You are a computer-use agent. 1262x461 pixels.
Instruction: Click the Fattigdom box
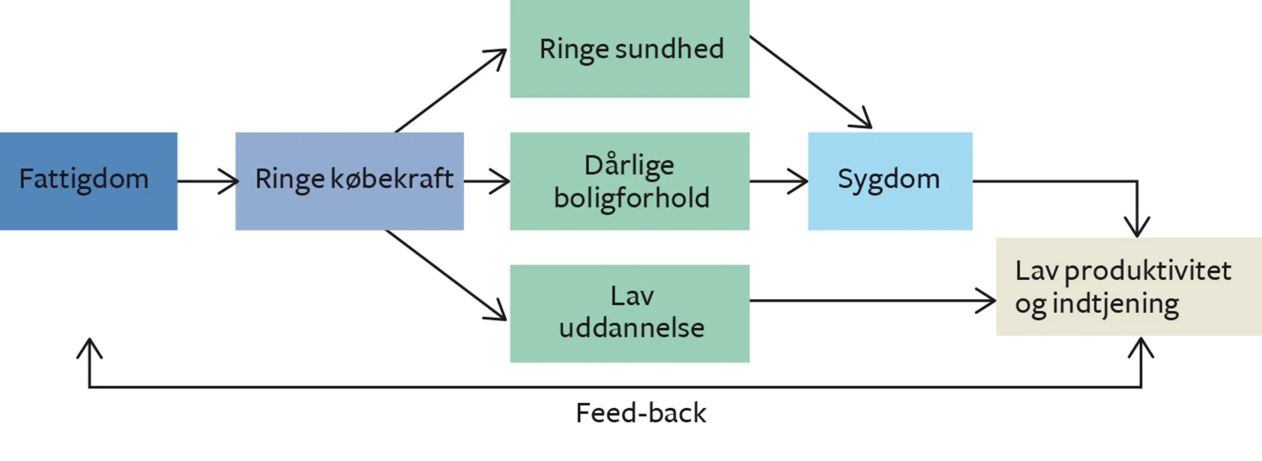pyautogui.click(x=88, y=181)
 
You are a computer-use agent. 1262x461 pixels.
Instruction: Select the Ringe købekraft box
pyautogui.click(x=349, y=181)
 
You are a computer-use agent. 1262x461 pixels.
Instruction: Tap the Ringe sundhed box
pyautogui.click(x=629, y=49)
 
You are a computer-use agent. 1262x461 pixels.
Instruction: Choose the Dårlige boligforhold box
pyautogui.click(x=629, y=181)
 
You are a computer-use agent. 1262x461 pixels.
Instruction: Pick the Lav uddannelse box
pyautogui.click(x=629, y=313)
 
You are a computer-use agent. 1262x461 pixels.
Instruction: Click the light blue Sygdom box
pyautogui.click(x=890, y=181)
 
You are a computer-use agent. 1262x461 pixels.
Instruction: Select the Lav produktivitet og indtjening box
pyautogui.click(x=1128, y=287)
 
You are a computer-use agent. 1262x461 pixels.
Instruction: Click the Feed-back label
pyautogui.click(x=640, y=413)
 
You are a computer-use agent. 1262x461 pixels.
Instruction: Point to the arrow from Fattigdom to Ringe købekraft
pyautogui.click(x=207, y=181)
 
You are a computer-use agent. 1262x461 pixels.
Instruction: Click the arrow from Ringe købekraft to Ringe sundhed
pyautogui.click(x=449, y=92)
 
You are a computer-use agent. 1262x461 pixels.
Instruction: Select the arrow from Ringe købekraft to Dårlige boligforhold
pyautogui.click(x=487, y=181)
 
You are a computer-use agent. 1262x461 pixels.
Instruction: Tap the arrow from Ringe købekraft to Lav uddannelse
pyautogui.click(x=445, y=274)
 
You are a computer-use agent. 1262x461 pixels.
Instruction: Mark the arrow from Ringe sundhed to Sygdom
pyautogui.click(x=810, y=82)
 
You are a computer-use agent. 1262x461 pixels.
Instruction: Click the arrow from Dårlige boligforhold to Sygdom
pyautogui.click(x=779, y=181)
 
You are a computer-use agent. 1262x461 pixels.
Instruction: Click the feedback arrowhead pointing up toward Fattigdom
pyautogui.click(x=90, y=347)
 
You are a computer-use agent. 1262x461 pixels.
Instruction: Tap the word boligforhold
pyautogui.click(x=632, y=198)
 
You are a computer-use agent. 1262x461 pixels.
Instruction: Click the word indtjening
pyautogui.click(x=1115, y=304)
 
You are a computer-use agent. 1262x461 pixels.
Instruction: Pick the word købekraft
pyautogui.click(x=392, y=179)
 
